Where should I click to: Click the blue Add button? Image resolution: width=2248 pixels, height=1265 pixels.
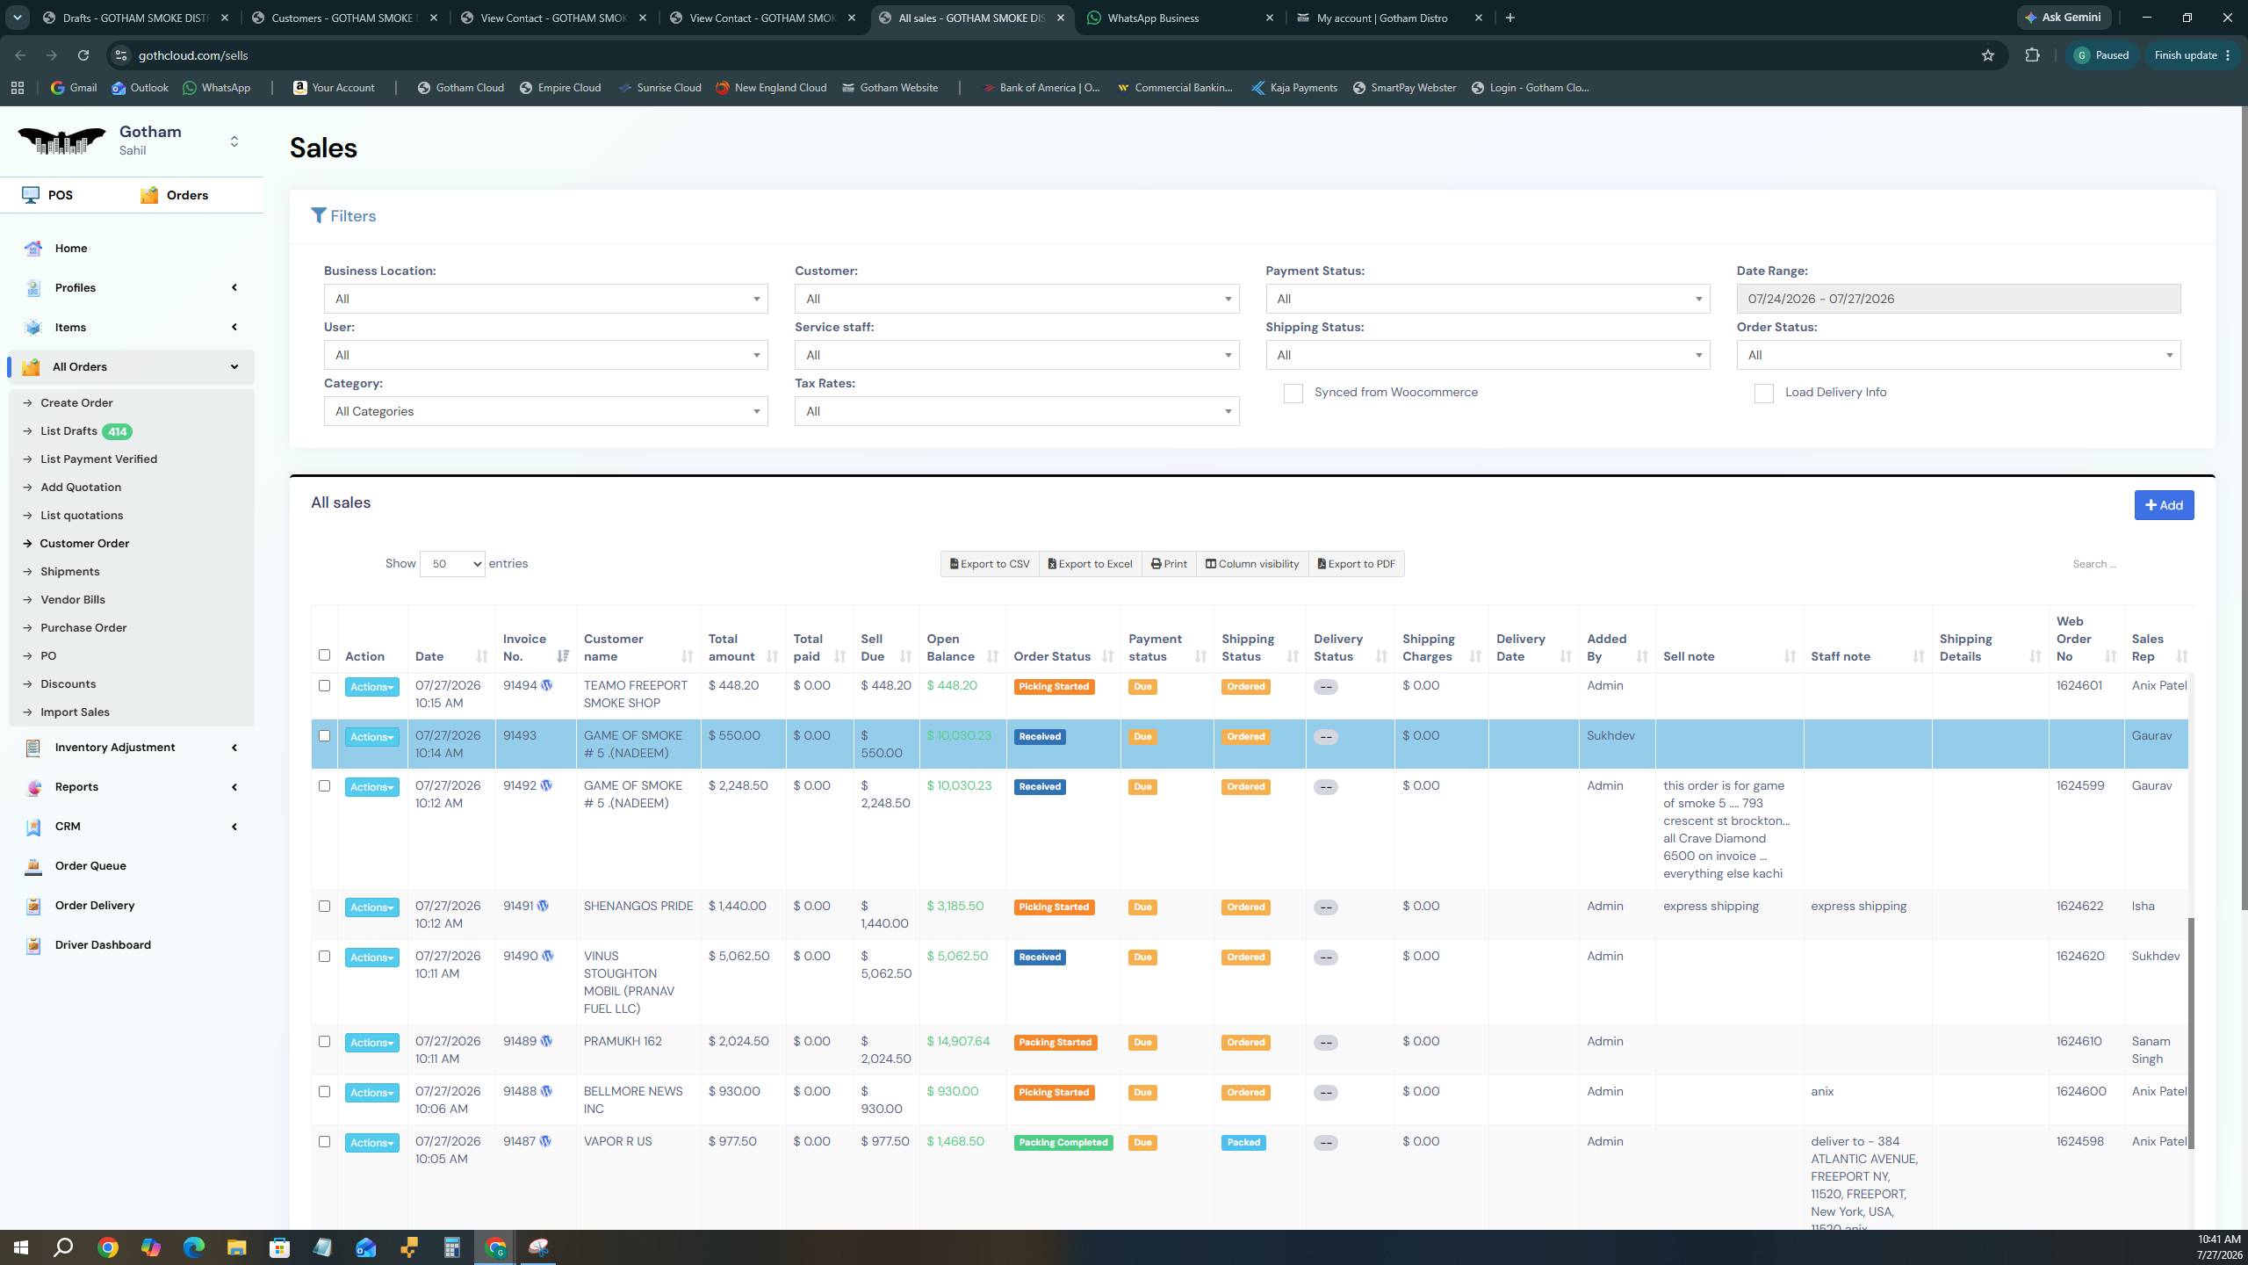click(x=2164, y=505)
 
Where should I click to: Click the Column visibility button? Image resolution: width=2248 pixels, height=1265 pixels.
click(x=1251, y=564)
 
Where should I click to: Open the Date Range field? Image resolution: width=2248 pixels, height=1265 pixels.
click(x=1958, y=299)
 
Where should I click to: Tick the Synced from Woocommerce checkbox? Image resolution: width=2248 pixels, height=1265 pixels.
click(x=1293, y=394)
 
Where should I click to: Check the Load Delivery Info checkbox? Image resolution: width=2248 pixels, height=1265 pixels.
click(x=1763, y=394)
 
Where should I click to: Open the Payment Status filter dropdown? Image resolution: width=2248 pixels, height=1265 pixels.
click(x=1488, y=299)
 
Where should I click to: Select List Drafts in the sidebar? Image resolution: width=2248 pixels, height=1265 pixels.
click(x=68, y=431)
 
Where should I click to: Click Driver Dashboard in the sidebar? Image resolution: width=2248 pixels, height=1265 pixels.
click(x=103, y=945)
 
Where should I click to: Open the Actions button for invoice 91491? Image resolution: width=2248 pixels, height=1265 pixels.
click(x=371, y=907)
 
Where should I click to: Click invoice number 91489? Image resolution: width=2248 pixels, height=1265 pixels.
click(x=520, y=1042)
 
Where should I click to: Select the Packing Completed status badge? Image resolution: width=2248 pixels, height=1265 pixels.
click(x=1063, y=1143)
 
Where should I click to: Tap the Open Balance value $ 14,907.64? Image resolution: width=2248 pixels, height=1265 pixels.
click(x=958, y=1042)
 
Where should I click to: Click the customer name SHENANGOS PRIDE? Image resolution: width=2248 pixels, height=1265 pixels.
click(x=638, y=907)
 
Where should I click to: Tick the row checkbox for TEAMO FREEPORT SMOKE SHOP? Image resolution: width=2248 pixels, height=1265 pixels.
click(x=324, y=686)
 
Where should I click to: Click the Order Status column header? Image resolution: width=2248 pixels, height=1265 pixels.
click(x=1052, y=656)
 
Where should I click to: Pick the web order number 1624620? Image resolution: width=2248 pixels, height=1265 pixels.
click(x=2080, y=957)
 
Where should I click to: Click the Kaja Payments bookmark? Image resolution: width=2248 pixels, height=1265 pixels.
click(x=1294, y=88)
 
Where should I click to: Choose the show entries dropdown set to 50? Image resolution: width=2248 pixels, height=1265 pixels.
click(x=452, y=564)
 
